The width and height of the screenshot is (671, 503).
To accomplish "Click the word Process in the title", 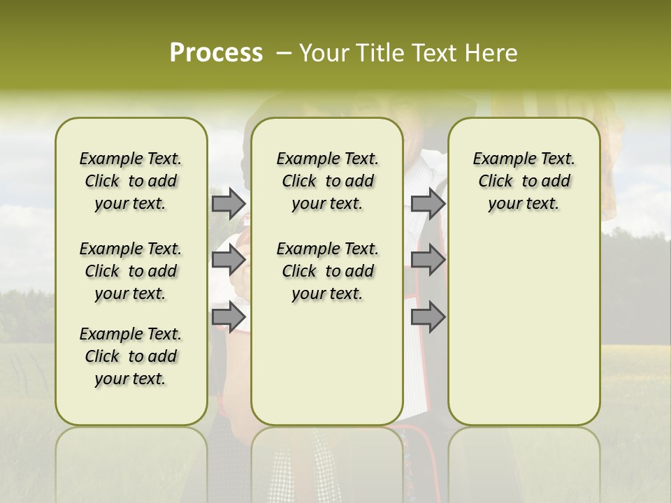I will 216,53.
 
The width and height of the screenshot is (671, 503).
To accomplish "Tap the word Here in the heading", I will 491,53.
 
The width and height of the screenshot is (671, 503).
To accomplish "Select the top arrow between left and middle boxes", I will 228,203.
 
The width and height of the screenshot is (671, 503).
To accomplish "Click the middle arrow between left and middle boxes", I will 228,260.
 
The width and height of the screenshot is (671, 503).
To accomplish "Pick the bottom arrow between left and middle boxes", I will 228,316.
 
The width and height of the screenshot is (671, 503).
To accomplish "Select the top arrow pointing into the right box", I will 428,203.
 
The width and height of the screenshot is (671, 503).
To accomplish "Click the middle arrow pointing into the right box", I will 428,260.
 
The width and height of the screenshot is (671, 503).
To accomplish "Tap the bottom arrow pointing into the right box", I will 428,316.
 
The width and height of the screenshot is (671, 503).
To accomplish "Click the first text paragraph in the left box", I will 131,181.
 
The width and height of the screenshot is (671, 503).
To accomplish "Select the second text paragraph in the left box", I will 131,271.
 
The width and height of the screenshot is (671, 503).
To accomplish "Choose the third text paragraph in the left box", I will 131,356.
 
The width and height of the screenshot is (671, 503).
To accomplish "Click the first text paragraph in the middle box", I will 327,181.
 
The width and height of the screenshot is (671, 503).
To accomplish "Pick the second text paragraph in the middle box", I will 327,271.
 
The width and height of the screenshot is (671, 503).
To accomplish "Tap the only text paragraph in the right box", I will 524,181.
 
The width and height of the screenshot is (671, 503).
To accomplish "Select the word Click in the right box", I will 496,182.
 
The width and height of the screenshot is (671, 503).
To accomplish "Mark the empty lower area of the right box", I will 524,328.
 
